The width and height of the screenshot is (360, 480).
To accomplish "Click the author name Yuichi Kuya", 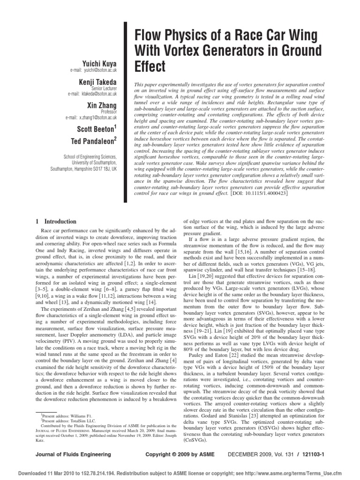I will tap(99, 63).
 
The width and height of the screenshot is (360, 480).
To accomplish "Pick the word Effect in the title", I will tap(150, 67).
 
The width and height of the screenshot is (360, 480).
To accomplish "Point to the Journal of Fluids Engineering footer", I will tap(74, 454).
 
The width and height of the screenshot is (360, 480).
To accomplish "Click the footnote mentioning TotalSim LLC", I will tap(65, 421).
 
